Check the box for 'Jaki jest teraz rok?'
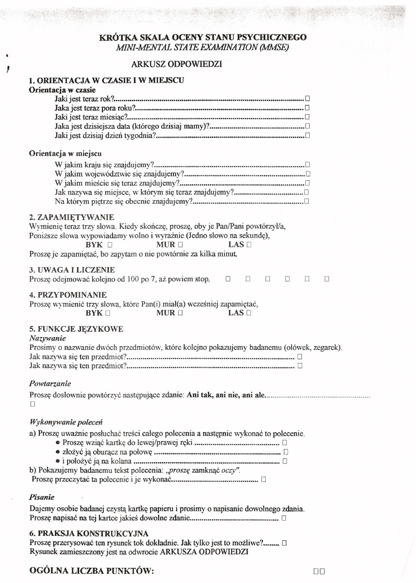[x=307, y=98]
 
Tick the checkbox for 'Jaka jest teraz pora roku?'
[x=307, y=107]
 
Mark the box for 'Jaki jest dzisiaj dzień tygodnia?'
[x=307, y=135]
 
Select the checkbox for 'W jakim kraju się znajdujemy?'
[x=307, y=165]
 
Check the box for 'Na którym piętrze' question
[x=307, y=202]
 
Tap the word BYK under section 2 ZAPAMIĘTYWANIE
[x=94, y=245]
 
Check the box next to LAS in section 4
[x=249, y=313]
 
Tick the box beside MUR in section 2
[x=180, y=245]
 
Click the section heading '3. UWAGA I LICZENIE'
[x=72, y=270]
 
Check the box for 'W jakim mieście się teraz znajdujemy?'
[x=307, y=184]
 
